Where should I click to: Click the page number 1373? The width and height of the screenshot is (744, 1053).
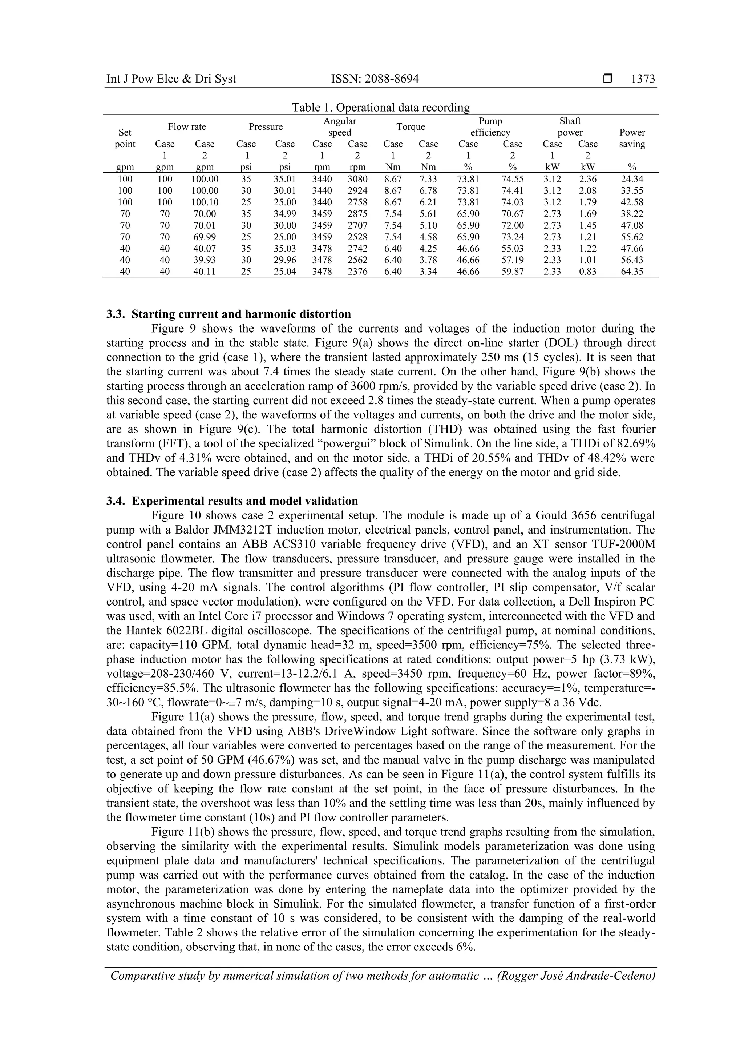643,79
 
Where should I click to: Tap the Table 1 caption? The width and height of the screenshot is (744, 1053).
381,108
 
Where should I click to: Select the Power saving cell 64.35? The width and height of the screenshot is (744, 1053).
632,272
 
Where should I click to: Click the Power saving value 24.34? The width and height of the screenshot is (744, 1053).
632,179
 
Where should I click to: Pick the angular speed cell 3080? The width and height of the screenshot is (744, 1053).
357,179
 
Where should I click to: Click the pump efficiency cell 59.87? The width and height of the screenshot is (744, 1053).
513,272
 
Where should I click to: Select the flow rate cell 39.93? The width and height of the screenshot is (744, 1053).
205,260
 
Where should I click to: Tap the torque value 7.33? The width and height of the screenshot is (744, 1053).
428,179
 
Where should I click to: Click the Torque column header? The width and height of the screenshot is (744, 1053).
411,127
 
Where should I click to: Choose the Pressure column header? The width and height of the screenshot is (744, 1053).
266,127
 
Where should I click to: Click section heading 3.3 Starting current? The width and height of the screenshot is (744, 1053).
229,314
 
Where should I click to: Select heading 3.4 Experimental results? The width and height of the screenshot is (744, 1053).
232,501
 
